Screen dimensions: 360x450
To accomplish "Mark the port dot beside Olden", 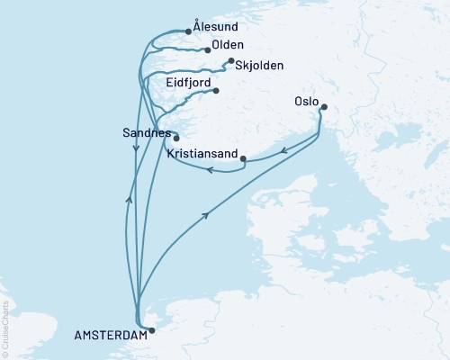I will tap(208, 50).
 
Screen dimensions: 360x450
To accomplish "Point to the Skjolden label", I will tap(258, 65).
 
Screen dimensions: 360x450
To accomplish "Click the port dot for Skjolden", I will tap(231, 61).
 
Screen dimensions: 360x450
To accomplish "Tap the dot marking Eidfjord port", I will tap(216, 89).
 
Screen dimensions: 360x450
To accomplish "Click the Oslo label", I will tap(306, 102).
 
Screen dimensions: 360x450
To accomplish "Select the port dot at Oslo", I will tap(324, 108).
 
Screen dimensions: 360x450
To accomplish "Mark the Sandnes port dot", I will tap(176, 138).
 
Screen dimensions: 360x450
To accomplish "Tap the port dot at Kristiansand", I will tap(244, 159).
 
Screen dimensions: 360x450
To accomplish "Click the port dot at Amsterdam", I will tap(151, 330).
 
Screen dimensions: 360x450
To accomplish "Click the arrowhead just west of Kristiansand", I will tap(209, 168).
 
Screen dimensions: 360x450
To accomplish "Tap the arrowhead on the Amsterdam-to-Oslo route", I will tap(209, 214).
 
